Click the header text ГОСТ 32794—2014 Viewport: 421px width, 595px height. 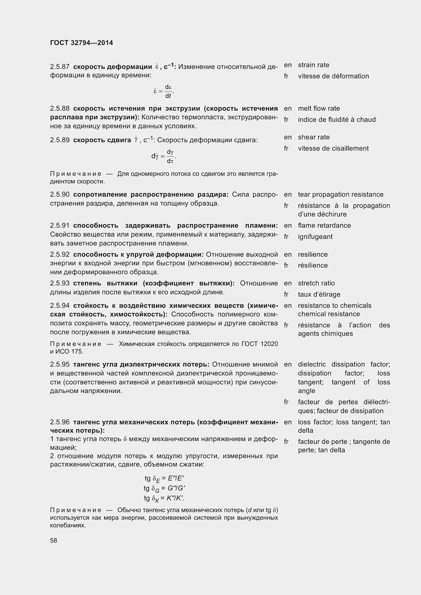click(x=81, y=43)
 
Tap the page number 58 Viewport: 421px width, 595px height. click(x=54, y=540)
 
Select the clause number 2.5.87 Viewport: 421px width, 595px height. click(x=60, y=67)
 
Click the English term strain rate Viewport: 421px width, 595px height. click(x=313, y=65)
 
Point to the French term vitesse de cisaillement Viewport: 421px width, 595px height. click(x=333, y=149)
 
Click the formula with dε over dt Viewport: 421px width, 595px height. click(x=164, y=91)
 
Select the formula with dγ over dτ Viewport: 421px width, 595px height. click(x=164, y=156)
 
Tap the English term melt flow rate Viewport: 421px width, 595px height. click(x=319, y=109)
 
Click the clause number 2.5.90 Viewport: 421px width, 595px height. click(x=60, y=195)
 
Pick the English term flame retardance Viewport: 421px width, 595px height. click(x=324, y=225)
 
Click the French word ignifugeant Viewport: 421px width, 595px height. click(x=315, y=237)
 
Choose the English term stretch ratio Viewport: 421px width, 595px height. click(x=316, y=283)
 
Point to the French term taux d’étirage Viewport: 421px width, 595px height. click(x=319, y=294)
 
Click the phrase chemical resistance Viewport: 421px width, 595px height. click(x=329, y=314)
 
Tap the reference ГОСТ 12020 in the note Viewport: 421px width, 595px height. click(x=259, y=344)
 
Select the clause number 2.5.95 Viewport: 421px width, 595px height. click(x=60, y=364)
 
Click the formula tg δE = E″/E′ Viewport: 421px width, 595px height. click(x=164, y=478)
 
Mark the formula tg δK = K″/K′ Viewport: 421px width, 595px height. click(x=164, y=498)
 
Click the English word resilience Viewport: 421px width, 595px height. click(x=313, y=254)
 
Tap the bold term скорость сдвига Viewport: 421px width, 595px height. click(x=102, y=140)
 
